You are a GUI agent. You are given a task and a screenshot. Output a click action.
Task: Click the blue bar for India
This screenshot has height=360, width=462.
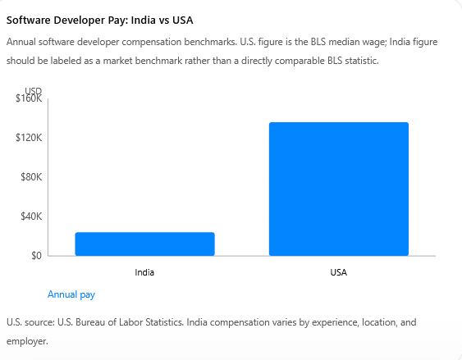pyautogui.click(x=144, y=244)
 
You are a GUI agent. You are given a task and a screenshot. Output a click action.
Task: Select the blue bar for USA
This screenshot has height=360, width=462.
pyautogui.click(x=339, y=189)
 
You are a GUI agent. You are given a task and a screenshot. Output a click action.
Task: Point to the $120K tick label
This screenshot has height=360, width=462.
pyautogui.click(x=29, y=138)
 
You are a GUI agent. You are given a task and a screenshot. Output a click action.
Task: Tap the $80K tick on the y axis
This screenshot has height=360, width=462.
pyautogui.click(x=31, y=177)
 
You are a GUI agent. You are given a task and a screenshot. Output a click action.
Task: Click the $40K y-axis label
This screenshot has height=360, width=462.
pyautogui.click(x=31, y=216)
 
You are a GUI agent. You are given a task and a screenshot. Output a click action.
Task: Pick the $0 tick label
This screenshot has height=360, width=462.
pyautogui.click(x=37, y=256)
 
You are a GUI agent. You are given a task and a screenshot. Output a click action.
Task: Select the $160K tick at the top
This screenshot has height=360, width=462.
pyautogui.click(x=29, y=98)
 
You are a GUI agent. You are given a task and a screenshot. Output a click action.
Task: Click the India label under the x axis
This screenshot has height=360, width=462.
pyautogui.click(x=144, y=272)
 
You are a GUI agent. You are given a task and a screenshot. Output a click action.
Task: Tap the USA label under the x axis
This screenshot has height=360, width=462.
pyautogui.click(x=339, y=272)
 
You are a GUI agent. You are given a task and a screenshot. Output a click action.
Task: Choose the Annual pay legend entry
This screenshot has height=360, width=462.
pyautogui.click(x=71, y=294)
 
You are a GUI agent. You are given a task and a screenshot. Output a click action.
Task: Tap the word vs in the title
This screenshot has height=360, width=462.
pyautogui.click(x=164, y=21)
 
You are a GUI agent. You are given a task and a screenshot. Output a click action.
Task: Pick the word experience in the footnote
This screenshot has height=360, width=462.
pyautogui.click(x=336, y=323)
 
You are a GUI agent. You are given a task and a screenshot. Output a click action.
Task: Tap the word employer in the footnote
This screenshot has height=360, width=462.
pyautogui.click(x=27, y=341)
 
